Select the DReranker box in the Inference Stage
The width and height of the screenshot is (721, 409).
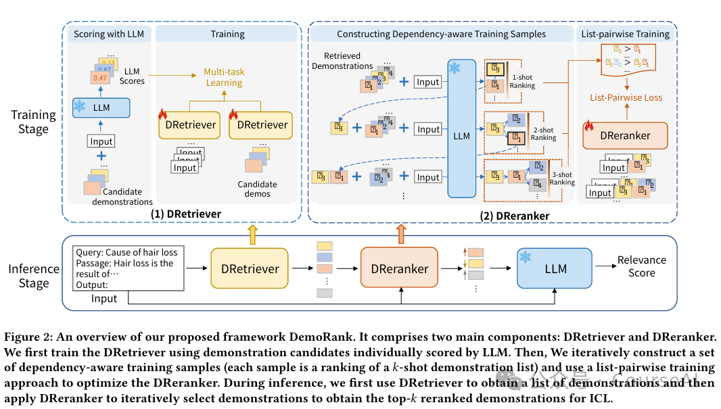[399, 268]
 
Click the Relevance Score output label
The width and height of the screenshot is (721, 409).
[641, 266]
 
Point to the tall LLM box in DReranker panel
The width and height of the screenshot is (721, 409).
[461, 128]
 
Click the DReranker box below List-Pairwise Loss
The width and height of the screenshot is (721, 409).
[625, 135]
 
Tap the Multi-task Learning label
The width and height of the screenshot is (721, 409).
[224, 77]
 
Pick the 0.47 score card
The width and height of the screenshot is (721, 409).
[100, 78]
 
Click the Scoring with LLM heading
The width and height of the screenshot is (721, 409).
[109, 34]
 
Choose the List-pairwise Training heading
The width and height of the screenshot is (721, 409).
[626, 34]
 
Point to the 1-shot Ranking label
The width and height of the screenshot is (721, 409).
[522, 81]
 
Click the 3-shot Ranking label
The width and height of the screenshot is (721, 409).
[562, 178]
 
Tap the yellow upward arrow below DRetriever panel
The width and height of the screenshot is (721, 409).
[252, 234]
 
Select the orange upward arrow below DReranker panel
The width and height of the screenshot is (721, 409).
[400, 234]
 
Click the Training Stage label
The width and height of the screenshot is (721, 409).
[34, 122]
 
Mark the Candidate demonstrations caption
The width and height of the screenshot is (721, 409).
[121, 196]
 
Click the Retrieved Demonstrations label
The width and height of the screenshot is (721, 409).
[342, 61]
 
